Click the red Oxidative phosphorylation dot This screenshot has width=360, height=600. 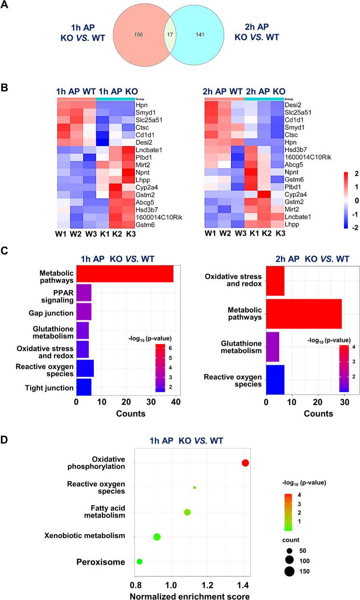tap(245, 463)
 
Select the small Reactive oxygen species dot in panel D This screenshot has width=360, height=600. tap(195, 487)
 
